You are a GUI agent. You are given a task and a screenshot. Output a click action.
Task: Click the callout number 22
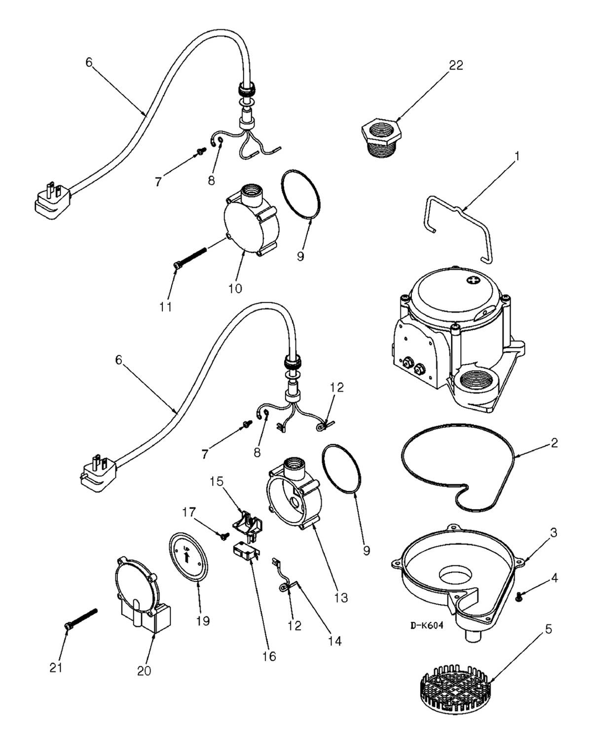click(456, 65)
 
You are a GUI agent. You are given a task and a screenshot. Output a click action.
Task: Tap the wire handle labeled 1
click(459, 217)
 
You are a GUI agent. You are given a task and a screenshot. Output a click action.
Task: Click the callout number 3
click(554, 533)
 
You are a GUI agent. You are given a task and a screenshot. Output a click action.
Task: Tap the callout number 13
click(341, 598)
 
